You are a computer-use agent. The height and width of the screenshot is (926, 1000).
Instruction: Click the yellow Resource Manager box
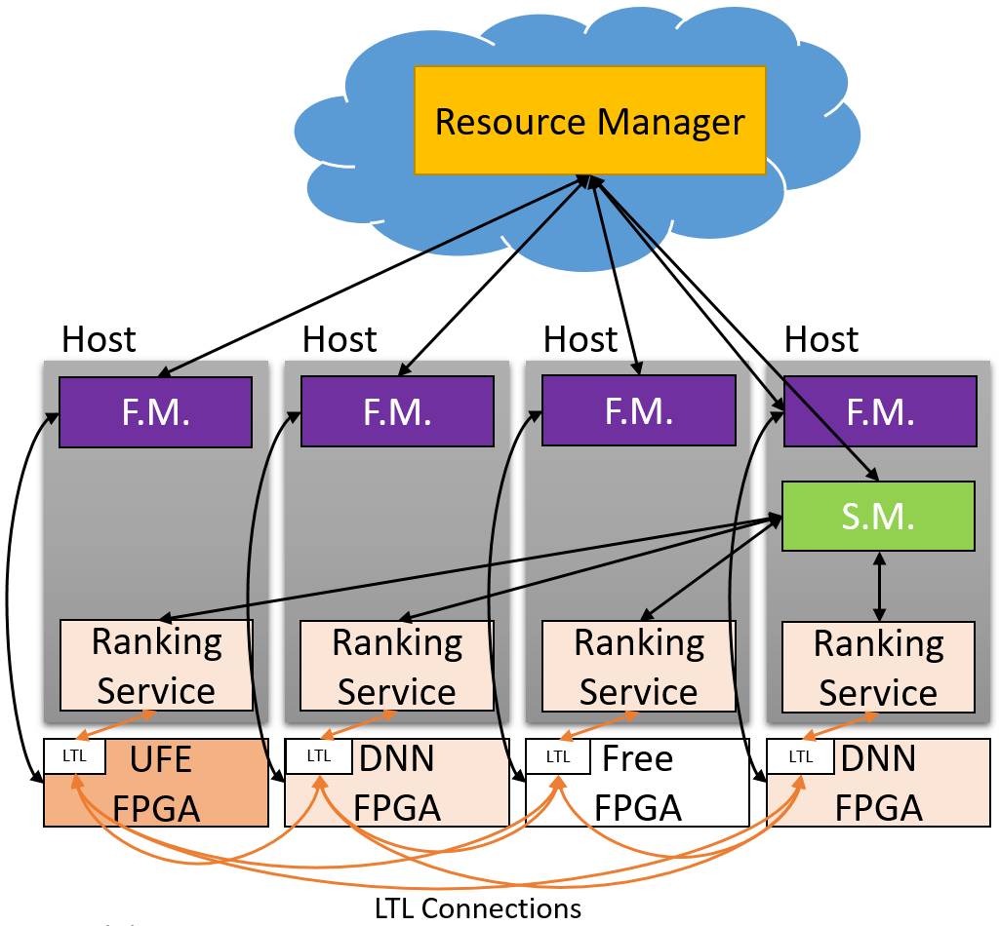(x=589, y=121)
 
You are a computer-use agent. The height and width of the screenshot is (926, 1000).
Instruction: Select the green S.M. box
(x=879, y=517)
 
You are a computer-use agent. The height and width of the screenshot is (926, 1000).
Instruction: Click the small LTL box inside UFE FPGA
(x=74, y=755)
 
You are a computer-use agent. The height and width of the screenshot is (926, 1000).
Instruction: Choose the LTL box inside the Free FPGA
(x=557, y=755)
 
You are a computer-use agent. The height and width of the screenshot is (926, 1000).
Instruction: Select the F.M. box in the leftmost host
(x=156, y=411)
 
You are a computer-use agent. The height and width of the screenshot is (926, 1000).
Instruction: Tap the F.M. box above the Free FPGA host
(x=638, y=411)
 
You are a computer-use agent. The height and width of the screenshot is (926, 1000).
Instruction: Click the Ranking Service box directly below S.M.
(x=879, y=668)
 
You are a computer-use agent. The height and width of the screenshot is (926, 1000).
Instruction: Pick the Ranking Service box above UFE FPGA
(x=156, y=667)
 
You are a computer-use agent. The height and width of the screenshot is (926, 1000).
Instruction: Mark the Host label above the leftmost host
(x=99, y=339)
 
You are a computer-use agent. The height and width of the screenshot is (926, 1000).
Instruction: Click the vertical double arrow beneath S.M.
(x=880, y=587)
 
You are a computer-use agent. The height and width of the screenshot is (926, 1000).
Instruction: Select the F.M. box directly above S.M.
(x=879, y=411)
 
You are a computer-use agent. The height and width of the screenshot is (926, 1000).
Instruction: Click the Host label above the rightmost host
(x=821, y=339)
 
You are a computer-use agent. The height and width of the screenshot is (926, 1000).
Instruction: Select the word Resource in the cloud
(x=510, y=122)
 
